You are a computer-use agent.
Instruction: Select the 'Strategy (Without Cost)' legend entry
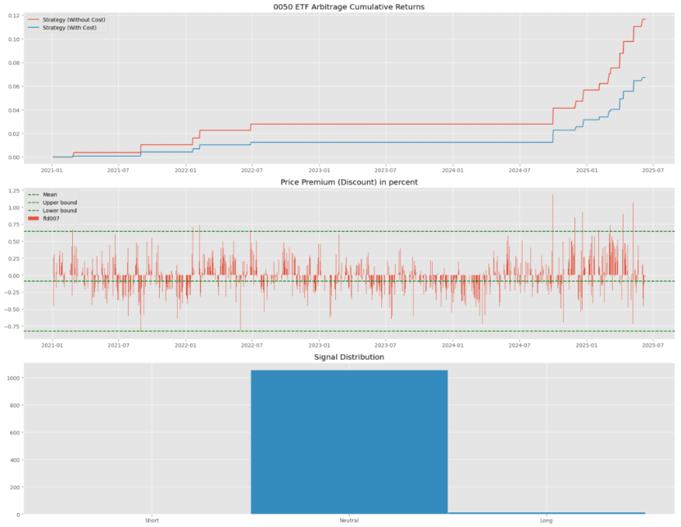pos(66,19)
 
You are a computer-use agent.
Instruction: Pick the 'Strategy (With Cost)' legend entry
pos(62,27)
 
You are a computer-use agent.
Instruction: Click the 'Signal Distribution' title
pos(349,357)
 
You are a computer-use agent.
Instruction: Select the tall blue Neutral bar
pos(349,443)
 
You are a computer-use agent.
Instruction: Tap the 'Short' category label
pos(152,520)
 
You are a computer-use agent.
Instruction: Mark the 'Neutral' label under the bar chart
pos(349,520)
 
